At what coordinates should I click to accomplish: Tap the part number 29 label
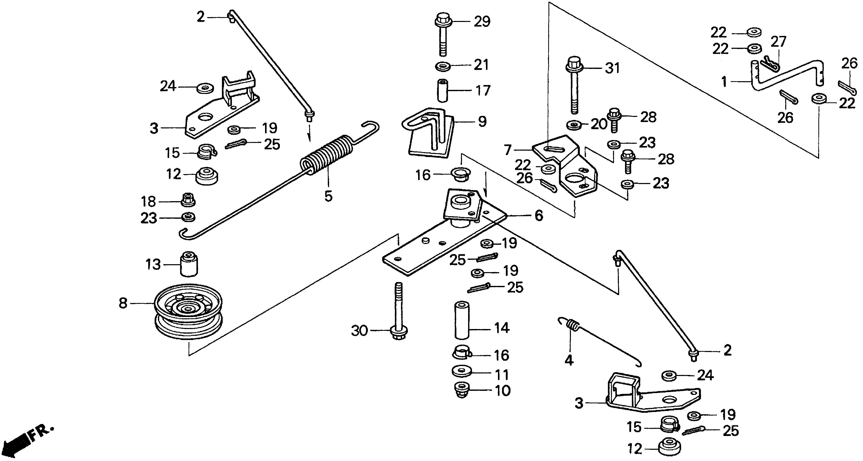(482, 21)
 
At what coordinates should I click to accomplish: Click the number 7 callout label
(508, 150)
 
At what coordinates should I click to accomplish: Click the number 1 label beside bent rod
(724, 81)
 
